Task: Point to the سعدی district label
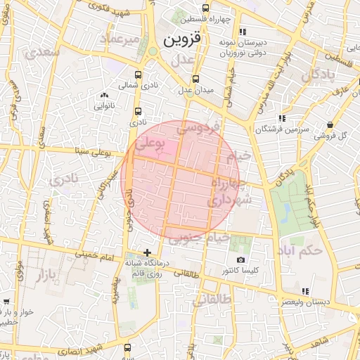(41, 51)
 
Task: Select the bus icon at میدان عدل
(195, 79)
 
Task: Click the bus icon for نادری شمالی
(137, 75)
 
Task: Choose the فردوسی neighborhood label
(199, 128)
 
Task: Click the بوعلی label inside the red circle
(150, 145)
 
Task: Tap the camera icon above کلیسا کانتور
(241, 259)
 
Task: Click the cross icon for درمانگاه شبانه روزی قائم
(147, 252)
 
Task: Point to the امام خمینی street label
(94, 256)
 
